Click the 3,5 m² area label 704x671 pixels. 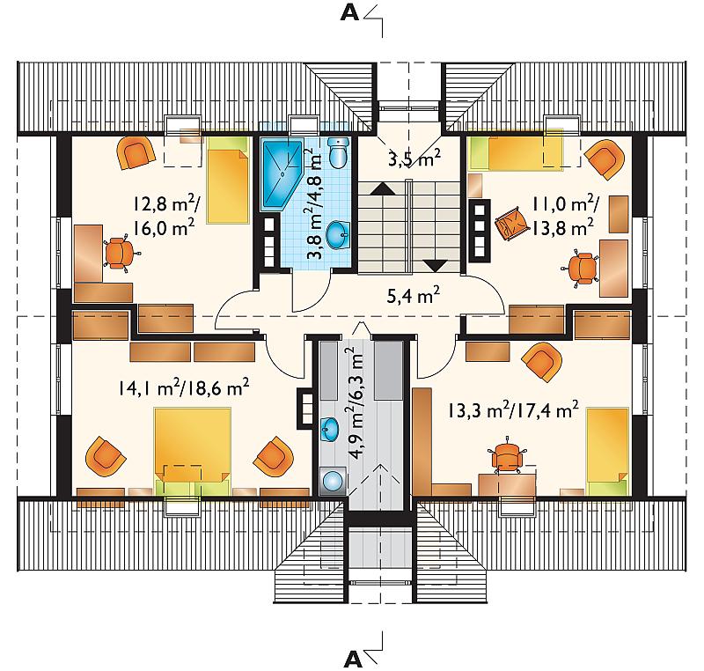[414, 159]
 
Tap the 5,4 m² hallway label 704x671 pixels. [413, 295]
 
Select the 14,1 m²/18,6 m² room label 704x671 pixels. [184, 387]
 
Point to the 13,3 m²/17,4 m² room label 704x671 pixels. [513, 409]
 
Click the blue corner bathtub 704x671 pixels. [281, 174]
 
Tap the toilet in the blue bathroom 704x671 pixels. [339, 152]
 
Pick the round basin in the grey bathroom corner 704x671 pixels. [333, 481]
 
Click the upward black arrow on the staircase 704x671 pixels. [383, 188]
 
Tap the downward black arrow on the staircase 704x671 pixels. [435, 266]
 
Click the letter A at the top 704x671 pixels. [349, 13]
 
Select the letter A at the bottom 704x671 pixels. [353, 660]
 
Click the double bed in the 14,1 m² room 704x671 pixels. [193, 451]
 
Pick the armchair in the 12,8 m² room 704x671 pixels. [136, 152]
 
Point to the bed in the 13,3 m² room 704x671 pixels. [608, 452]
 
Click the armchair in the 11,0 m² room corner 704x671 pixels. [605, 159]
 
